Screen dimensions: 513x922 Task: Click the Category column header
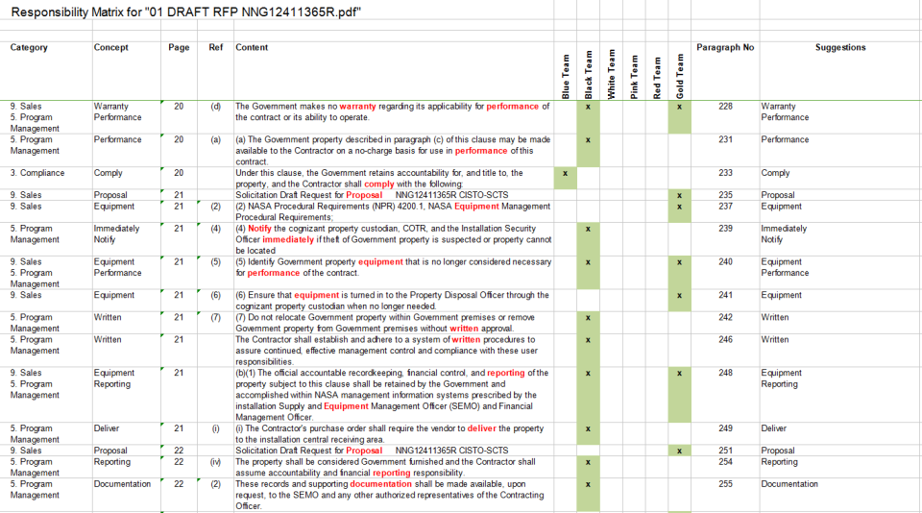pos(29,47)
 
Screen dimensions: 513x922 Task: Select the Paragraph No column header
pos(718,47)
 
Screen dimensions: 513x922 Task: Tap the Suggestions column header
pos(839,47)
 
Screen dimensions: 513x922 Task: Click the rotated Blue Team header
pos(566,75)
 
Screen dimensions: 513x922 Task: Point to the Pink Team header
pos(635,75)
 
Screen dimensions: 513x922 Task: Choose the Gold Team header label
pos(680,75)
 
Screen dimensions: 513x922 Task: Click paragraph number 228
pos(725,107)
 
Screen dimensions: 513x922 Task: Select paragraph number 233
pos(725,173)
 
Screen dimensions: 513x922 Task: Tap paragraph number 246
pos(725,339)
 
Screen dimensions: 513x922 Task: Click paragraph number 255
pos(725,484)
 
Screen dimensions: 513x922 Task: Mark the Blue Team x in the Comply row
pos(566,173)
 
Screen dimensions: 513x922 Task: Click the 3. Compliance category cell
pos(37,173)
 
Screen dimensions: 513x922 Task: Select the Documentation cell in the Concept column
pos(122,484)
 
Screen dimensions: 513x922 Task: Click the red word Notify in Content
pos(260,229)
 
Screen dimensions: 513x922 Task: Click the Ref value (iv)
pos(215,462)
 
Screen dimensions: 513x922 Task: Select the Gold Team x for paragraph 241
pos(680,296)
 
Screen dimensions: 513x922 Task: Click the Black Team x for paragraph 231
pos(588,140)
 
